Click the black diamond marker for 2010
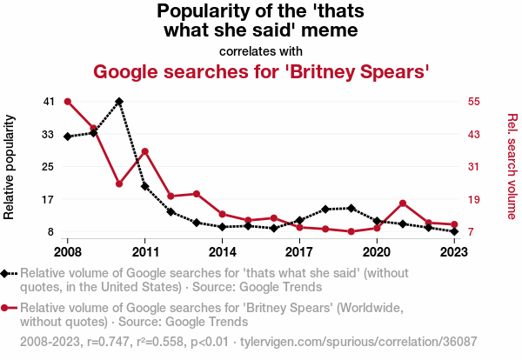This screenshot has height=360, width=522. [x=119, y=102]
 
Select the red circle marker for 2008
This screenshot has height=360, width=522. [x=68, y=102]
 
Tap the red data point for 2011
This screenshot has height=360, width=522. [x=145, y=151]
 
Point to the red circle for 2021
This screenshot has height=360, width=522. [x=403, y=203]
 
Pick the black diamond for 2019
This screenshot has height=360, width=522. [x=351, y=208]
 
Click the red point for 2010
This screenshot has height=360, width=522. [x=119, y=183]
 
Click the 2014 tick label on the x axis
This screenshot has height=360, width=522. [x=223, y=252]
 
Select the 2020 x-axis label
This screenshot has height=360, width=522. [x=377, y=252]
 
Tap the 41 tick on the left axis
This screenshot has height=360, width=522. [x=49, y=102]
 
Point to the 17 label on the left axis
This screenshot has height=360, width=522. [x=49, y=199]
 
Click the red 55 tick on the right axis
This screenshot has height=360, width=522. [x=473, y=102]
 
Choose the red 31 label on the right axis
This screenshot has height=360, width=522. [x=473, y=167]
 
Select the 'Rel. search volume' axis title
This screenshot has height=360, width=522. [x=512, y=167]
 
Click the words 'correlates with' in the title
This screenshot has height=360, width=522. [x=261, y=50]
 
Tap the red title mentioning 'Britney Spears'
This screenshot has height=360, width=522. [x=261, y=71]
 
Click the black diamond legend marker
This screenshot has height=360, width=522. [x=8, y=274]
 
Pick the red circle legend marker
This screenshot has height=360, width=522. [x=8, y=308]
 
